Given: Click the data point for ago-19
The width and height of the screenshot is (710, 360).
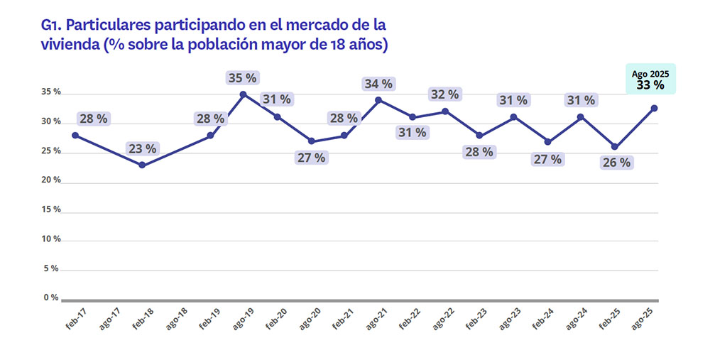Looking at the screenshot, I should click(x=243, y=94).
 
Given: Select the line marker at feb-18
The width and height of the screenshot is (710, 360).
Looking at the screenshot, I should click(x=142, y=165).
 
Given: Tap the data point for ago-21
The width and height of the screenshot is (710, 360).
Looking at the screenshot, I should click(x=378, y=99).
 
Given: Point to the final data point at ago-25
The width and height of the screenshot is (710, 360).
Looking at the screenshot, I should click(x=654, y=108).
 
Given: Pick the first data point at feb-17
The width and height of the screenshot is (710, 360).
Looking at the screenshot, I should click(x=75, y=135).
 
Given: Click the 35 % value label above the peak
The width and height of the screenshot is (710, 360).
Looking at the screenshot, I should click(x=243, y=77).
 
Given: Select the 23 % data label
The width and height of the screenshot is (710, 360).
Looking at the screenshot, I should click(x=143, y=148).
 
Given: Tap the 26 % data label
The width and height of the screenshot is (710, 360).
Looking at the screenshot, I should click(x=615, y=163).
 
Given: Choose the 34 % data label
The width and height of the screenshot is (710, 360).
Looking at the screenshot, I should click(x=378, y=83).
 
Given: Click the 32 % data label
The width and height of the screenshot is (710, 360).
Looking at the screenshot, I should click(x=445, y=94).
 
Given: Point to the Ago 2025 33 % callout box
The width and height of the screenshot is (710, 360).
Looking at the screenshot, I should click(x=650, y=80).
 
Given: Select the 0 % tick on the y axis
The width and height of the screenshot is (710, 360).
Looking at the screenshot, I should click(x=52, y=298).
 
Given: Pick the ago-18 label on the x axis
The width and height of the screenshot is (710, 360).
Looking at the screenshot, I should click(x=177, y=320).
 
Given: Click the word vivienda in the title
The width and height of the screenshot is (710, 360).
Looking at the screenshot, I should click(x=70, y=45).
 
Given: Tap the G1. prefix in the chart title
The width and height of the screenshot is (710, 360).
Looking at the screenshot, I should click(x=53, y=26).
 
